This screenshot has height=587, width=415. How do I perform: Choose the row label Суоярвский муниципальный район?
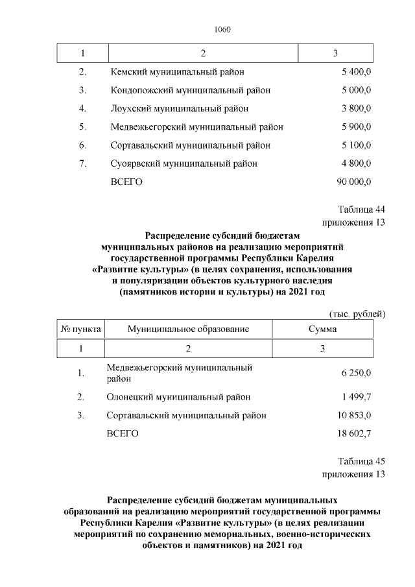point(184,164)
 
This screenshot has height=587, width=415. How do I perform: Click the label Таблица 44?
point(362,210)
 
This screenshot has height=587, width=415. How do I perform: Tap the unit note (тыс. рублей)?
point(357,315)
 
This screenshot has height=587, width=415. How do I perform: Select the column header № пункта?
point(81,329)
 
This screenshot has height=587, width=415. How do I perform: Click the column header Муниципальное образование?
point(188,329)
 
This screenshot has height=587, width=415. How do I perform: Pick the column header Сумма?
point(322,329)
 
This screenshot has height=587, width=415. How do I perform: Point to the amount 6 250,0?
point(356,374)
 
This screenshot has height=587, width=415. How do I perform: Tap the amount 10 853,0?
point(354,415)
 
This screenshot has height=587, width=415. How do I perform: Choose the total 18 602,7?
point(354,433)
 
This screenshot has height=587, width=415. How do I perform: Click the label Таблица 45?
point(362,461)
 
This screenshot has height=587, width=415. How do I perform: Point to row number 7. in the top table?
point(82,164)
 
